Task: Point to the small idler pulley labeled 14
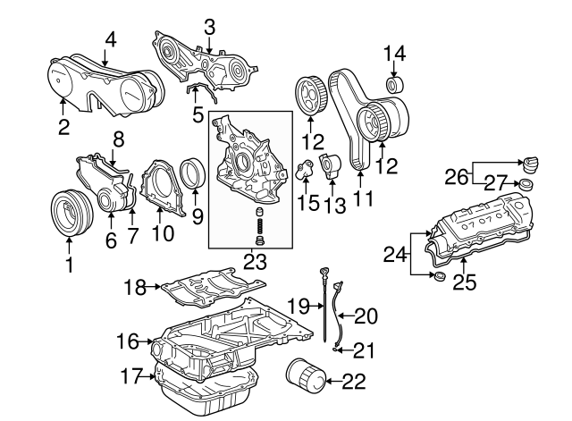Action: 394,86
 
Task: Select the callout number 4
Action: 111,38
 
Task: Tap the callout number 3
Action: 209,27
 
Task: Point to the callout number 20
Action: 366,316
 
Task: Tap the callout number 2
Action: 63,127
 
